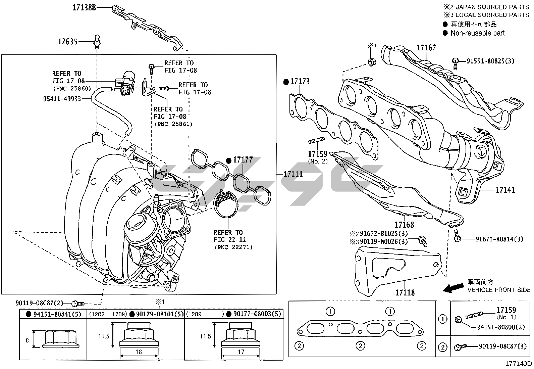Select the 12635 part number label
tap(68, 42)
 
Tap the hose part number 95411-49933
tap(62, 99)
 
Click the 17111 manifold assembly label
tap(293, 174)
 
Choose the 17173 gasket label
tap(300, 82)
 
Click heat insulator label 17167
tap(426, 48)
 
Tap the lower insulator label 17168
tap(404, 225)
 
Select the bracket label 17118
tap(405, 292)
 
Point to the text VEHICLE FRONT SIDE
tap(499, 290)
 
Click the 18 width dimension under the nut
tap(139, 352)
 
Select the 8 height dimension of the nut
tap(27, 340)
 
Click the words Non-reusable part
tap(477, 33)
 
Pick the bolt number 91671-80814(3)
tap(499, 239)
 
